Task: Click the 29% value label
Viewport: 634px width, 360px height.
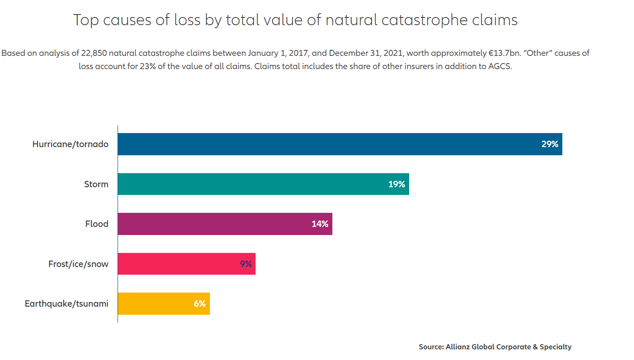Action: [x=550, y=144]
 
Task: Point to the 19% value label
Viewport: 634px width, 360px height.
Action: [x=396, y=184]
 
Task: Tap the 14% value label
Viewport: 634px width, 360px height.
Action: [x=320, y=224]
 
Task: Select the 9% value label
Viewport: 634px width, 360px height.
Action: [x=246, y=264]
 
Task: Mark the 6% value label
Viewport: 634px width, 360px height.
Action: [x=200, y=304]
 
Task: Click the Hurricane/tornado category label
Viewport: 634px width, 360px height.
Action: [x=70, y=144]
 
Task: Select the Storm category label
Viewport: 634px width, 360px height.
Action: [x=96, y=184]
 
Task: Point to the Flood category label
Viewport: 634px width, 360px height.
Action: [x=97, y=224]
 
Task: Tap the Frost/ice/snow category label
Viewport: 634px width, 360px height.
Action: [x=78, y=264]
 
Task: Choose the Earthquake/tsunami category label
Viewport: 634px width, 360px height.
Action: [x=67, y=304]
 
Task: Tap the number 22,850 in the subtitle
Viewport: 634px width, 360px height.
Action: [x=94, y=53]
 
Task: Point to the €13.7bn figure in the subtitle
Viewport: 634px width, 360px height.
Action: [x=505, y=53]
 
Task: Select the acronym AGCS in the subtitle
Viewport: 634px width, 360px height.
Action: [x=500, y=67]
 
